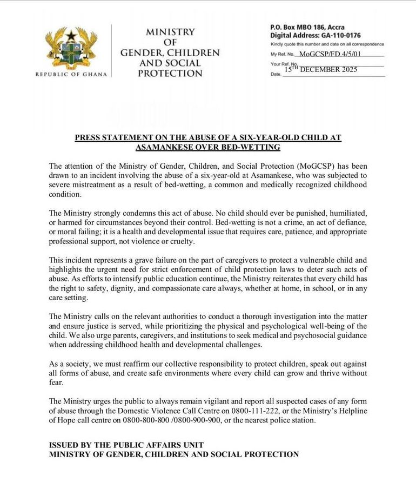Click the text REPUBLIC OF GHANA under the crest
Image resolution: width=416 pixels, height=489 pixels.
tap(71, 74)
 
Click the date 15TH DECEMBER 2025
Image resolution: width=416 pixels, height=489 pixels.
tap(321, 69)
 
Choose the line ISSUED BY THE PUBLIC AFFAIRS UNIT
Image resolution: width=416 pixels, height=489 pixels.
tap(126, 445)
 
